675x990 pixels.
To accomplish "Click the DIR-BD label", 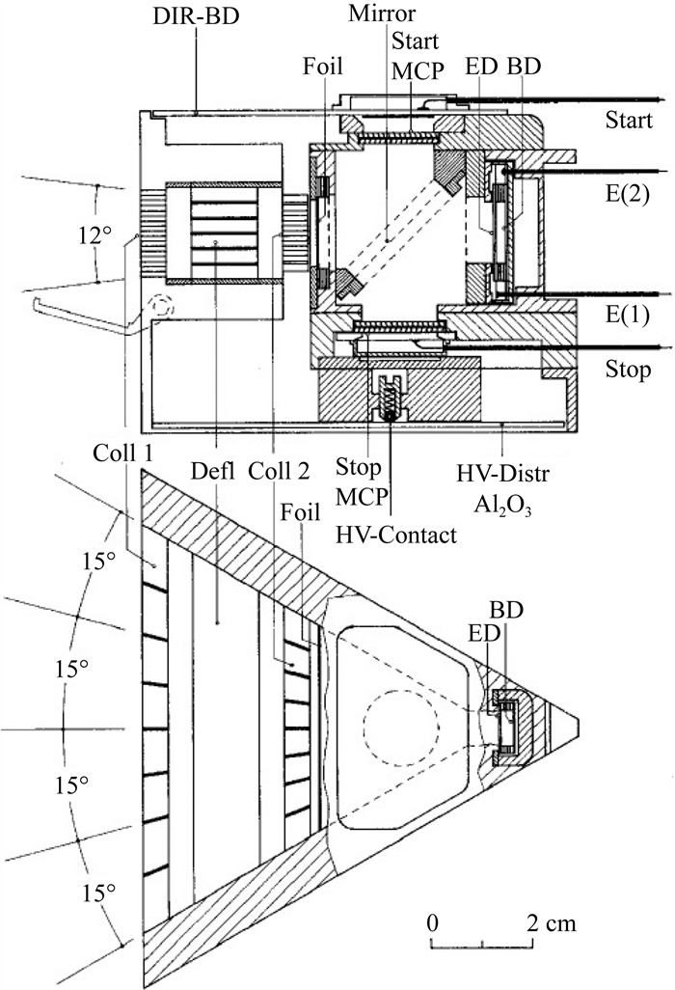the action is coord(196,16).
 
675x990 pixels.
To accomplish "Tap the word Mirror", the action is coord(382,14).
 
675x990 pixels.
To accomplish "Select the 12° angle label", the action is coord(95,235).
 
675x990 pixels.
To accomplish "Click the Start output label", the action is coord(629,120).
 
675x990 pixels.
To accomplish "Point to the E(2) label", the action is coord(628,194).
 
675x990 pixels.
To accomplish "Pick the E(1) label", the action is coord(628,315).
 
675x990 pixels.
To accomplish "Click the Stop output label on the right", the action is coord(628,370).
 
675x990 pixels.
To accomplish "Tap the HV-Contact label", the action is coord(395,535).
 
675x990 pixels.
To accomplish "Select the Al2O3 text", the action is coord(502,506).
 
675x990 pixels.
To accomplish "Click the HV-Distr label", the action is coord(502,474).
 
